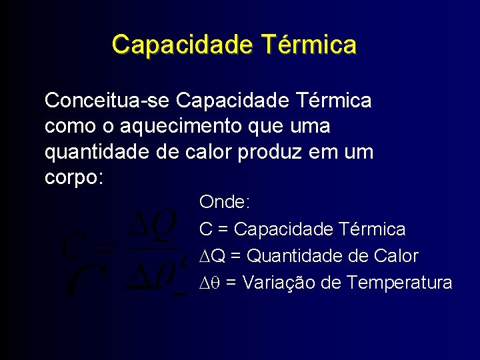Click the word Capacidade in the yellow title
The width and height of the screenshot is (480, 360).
[182, 45]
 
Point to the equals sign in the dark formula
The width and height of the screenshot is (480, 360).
[105, 249]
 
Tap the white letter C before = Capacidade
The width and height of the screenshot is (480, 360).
[205, 229]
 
